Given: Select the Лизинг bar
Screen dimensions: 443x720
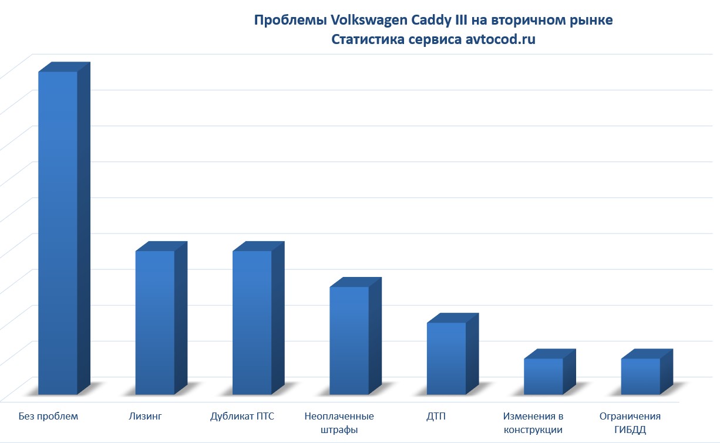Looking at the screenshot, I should pyautogui.click(x=155, y=323).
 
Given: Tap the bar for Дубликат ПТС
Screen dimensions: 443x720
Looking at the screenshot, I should pyautogui.click(x=252, y=323).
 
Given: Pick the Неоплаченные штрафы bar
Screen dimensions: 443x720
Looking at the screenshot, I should pyautogui.click(x=349, y=340).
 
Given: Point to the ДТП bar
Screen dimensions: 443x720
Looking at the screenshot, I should pyautogui.click(x=446, y=359).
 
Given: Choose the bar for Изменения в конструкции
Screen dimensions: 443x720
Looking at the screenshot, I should pyautogui.click(x=543, y=376).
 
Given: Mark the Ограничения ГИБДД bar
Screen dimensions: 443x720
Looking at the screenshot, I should pyautogui.click(x=641, y=376).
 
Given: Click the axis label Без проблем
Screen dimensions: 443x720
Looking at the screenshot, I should pyautogui.click(x=48, y=417).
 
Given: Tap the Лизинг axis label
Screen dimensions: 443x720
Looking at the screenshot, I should pyautogui.click(x=145, y=417).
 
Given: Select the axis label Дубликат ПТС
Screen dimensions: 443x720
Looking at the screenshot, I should pyautogui.click(x=243, y=417).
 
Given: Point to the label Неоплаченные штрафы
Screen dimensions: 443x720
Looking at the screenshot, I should pyautogui.click(x=339, y=423).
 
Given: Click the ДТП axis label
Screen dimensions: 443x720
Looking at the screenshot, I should pyautogui.click(x=436, y=417).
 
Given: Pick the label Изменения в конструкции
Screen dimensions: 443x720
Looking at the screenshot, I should pyautogui.click(x=533, y=423).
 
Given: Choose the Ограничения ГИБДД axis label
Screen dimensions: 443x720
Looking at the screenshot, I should pyautogui.click(x=630, y=423).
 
